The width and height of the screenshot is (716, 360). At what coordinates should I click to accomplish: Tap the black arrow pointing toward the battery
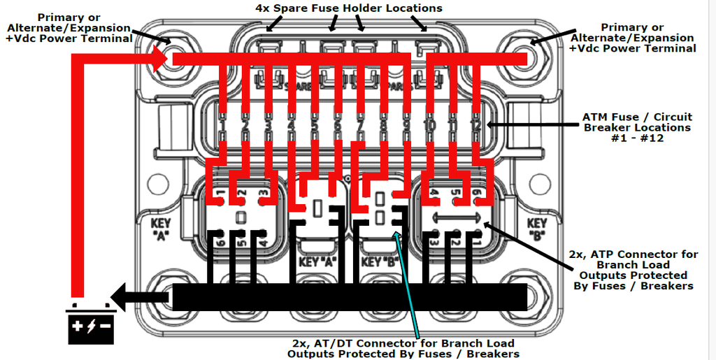pyautogui.click(x=140, y=296)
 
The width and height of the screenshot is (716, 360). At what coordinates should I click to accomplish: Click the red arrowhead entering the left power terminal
pyautogui.click(x=160, y=60)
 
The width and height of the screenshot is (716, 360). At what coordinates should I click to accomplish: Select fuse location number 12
pyautogui.click(x=475, y=125)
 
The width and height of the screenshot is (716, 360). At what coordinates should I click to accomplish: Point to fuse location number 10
pyautogui.click(x=430, y=125)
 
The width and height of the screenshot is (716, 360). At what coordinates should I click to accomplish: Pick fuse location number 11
pyautogui.click(x=453, y=125)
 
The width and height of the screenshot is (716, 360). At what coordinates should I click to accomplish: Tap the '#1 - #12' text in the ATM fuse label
pyautogui.click(x=636, y=138)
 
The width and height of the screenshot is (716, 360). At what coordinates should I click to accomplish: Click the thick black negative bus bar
pyautogui.click(x=350, y=297)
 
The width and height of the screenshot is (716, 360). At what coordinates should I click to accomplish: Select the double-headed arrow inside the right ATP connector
pyautogui.click(x=455, y=217)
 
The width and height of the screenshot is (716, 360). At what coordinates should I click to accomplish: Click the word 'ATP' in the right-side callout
pyautogui.click(x=631, y=254)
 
